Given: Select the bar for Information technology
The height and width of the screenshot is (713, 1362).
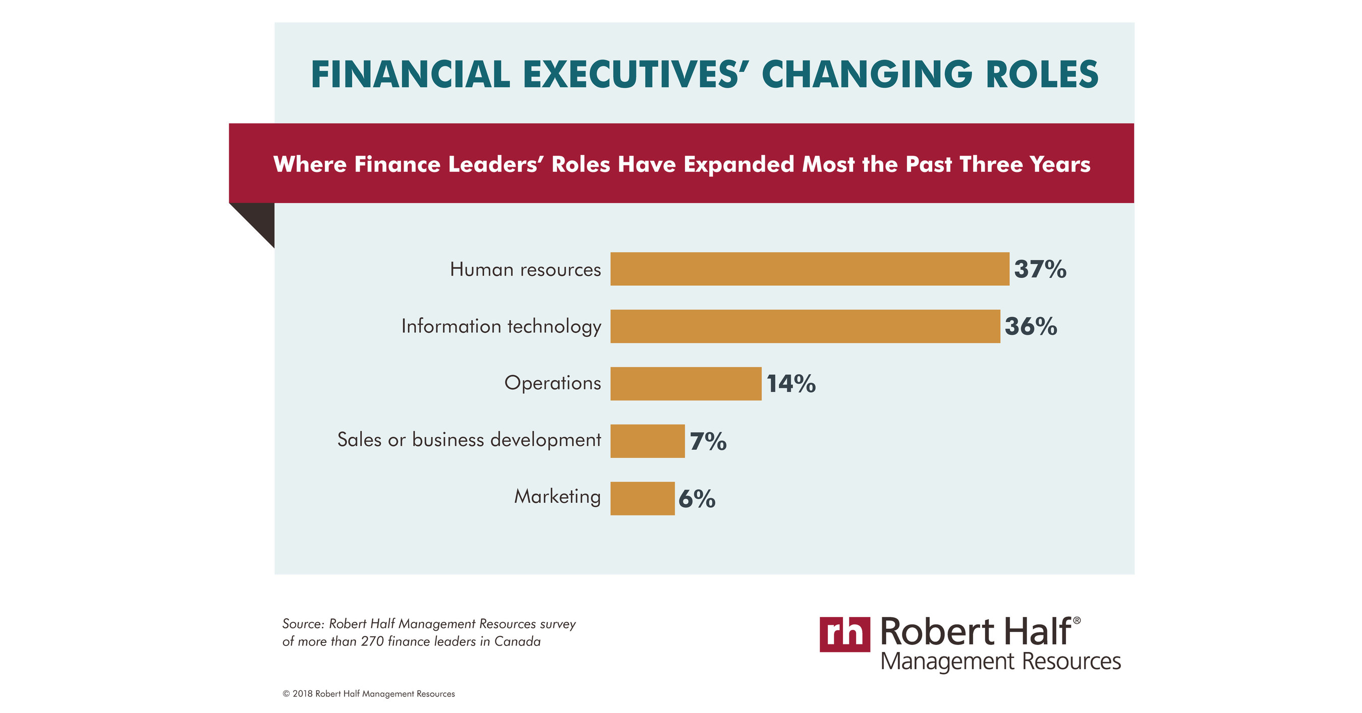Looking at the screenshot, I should point(805,326).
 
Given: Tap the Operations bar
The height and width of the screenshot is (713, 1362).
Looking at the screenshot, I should point(685,383).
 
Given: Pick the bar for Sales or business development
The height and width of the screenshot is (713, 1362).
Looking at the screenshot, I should point(647,441).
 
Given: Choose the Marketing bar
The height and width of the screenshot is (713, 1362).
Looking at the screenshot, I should point(642,498).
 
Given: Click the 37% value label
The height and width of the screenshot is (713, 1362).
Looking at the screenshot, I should point(1040,269).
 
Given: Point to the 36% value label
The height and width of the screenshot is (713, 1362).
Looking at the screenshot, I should point(1030,326).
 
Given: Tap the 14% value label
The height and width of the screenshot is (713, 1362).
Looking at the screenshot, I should point(790,384).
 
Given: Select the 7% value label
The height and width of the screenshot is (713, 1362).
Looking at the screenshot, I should point(707,441).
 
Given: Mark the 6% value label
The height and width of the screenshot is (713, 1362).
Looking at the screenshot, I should point(696,498).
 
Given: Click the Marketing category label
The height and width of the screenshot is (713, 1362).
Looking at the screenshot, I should point(557,496).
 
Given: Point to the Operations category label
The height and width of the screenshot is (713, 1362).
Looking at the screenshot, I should point(552,382).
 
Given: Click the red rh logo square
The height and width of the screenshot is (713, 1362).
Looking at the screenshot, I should point(844,634).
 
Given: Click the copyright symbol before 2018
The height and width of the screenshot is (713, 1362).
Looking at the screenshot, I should point(286,693).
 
